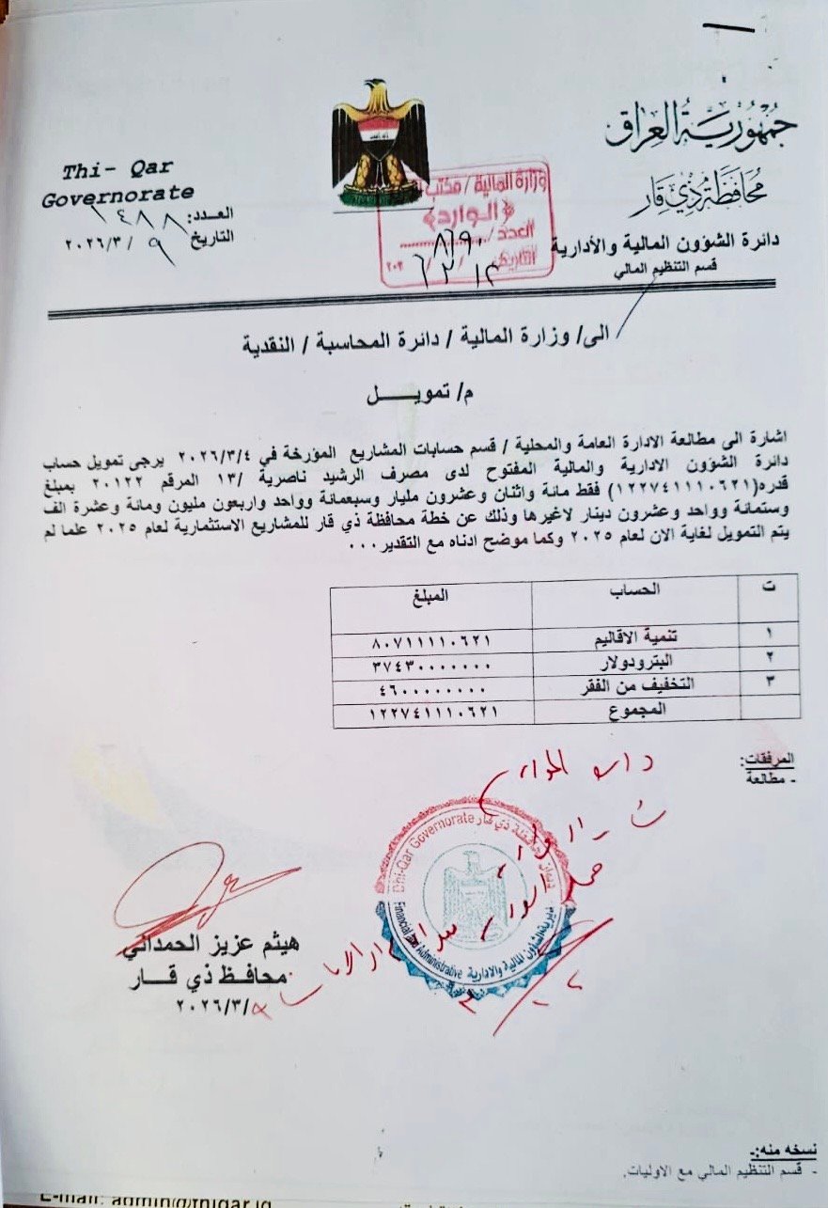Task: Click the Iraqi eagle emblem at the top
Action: pos(380,142)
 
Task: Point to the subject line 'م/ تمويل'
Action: pos(413,395)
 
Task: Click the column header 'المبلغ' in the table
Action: pos(431,594)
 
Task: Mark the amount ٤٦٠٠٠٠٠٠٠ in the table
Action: pos(431,685)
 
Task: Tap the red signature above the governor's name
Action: pos(196,888)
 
